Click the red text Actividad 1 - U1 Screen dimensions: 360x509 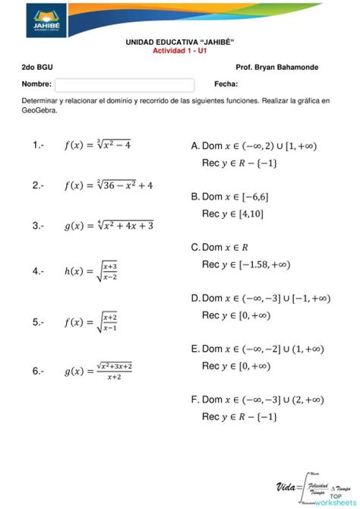tap(179, 50)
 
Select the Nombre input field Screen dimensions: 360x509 tap(125, 84)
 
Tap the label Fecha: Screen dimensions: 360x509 tap(226, 84)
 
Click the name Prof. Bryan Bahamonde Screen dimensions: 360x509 tap(277, 68)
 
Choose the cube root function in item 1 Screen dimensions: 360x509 tap(97, 145)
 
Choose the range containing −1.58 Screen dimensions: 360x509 tap(245, 264)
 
